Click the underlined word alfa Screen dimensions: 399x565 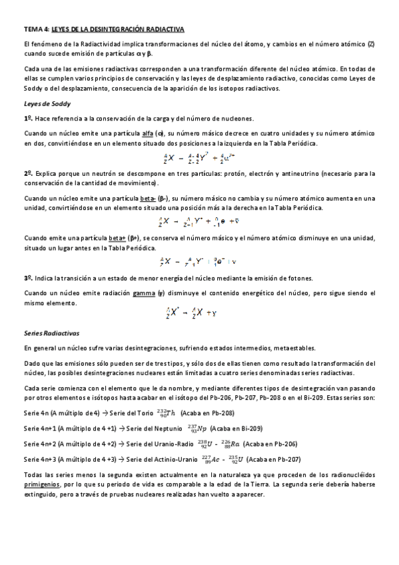click(x=148, y=134)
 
